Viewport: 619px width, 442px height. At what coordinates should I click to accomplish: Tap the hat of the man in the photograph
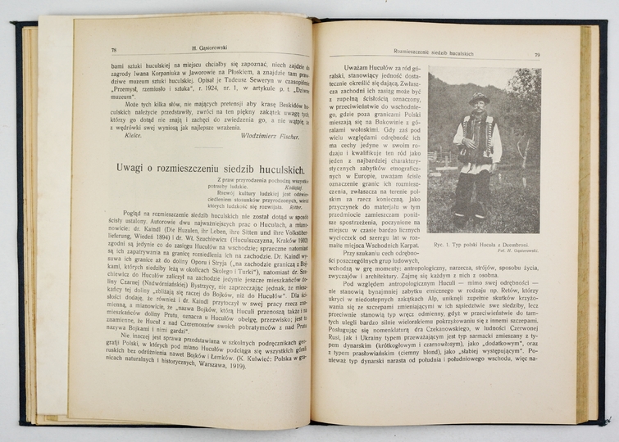tap(480, 97)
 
